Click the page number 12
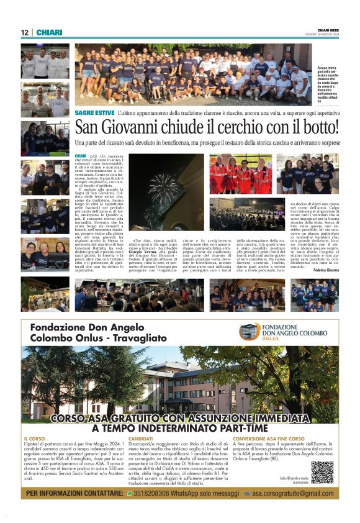pos(24,32)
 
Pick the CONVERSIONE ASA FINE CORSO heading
pos(269,439)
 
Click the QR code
pos(322,472)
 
